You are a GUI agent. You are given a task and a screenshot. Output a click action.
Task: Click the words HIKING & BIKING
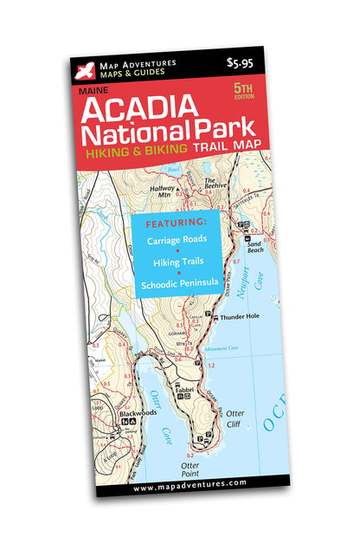pyautogui.click(x=134, y=152)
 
